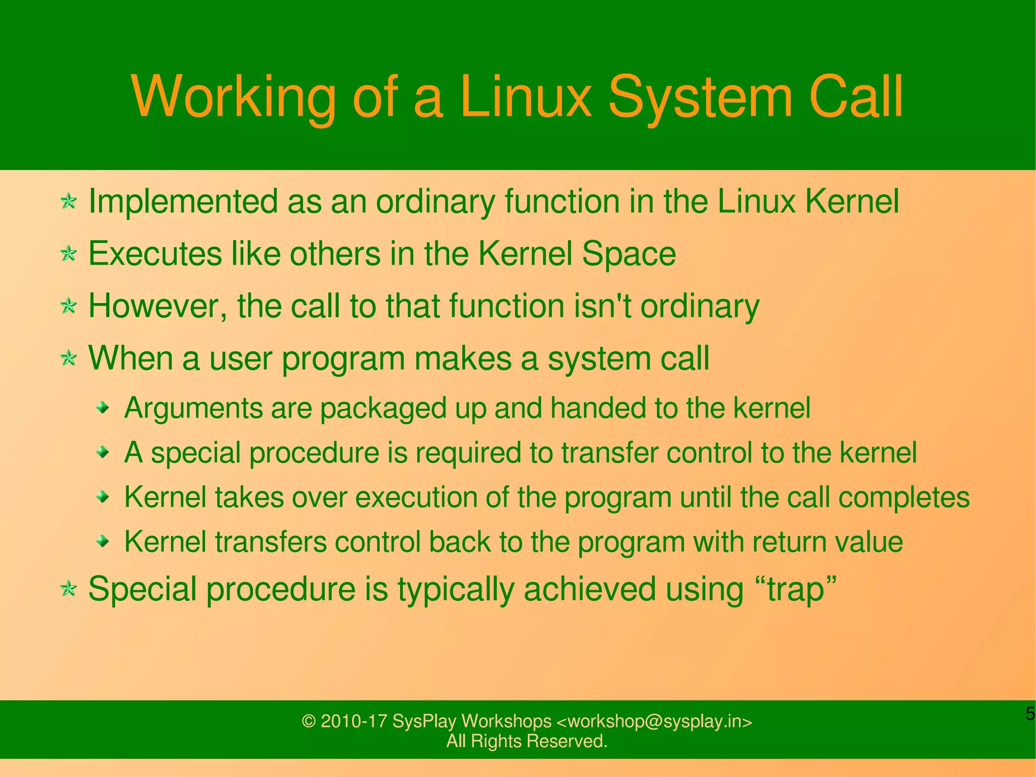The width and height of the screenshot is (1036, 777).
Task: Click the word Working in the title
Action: point(233,98)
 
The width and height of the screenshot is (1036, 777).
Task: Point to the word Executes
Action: point(155,254)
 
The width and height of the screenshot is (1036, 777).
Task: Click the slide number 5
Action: point(1030,714)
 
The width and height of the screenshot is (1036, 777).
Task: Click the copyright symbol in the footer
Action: point(309,721)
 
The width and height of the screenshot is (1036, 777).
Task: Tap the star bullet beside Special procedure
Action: point(68,589)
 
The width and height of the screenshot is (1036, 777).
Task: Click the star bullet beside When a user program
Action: point(68,359)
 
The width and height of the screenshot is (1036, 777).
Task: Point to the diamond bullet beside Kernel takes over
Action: point(103,497)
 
